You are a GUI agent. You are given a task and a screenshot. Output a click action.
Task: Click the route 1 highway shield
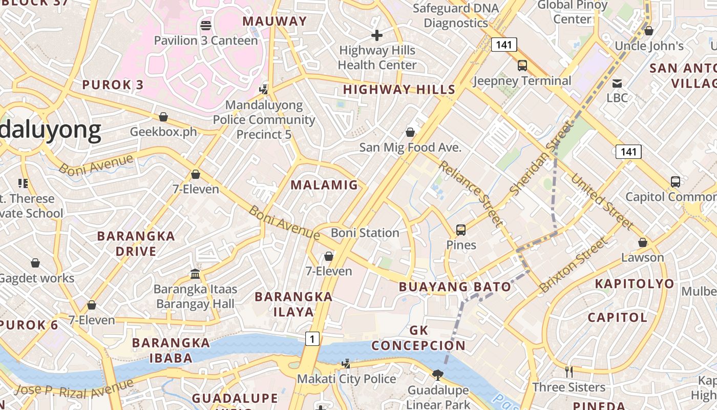[312, 338]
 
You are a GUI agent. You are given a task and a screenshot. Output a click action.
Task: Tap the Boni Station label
[365, 233]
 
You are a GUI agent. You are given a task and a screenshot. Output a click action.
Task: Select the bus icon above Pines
[461, 230]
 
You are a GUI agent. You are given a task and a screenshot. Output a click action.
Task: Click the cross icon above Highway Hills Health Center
[377, 35]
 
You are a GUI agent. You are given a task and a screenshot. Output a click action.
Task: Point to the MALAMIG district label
[324, 185]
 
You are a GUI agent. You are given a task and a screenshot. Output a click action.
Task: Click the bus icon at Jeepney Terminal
[522, 66]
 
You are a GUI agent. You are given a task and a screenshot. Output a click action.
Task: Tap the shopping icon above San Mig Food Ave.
[410, 132]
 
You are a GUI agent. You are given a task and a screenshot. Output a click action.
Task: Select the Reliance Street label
[470, 193]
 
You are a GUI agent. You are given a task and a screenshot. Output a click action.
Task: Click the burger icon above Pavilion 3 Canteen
[206, 25]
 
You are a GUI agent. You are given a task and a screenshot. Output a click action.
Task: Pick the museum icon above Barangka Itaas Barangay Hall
[195, 274]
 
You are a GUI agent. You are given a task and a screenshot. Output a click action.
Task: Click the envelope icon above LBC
[617, 83]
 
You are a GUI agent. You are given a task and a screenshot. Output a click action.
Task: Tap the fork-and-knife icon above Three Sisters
[568, 372]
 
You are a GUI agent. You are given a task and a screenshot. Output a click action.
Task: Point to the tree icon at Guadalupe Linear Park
[438, 375]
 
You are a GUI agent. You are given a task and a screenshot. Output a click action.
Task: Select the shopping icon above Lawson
[643, 242]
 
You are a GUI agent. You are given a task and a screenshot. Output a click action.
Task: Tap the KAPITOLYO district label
[635, 283]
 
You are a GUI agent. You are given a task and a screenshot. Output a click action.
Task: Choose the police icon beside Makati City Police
[347, 364]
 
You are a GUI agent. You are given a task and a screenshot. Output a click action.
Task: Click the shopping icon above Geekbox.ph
[163, 117]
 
